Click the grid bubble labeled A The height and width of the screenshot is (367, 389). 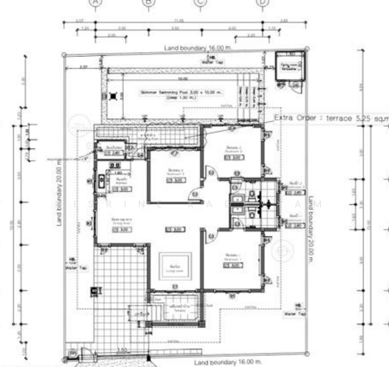point(95,2)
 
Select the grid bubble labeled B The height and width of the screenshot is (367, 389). point(149,2)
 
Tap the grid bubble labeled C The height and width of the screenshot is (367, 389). point(200,2)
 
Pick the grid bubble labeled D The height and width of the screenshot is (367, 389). point(263,2)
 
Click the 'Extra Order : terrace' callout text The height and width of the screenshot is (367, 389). point(330,117)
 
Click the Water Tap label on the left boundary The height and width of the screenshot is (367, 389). point(72,267)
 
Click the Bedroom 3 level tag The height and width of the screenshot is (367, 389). point(176,180)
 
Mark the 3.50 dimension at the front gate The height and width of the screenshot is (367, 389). point(123,350)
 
